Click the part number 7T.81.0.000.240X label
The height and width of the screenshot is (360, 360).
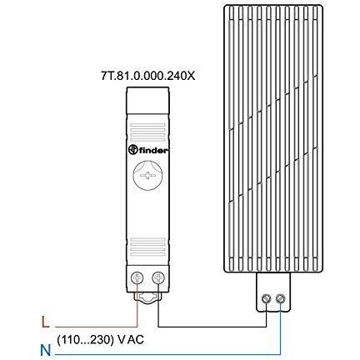tap(148, 76)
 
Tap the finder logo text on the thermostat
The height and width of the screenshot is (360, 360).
tap(153, 151)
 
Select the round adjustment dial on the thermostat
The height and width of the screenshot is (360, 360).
tap(147, 176)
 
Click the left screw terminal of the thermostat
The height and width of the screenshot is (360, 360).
tap(137, 277)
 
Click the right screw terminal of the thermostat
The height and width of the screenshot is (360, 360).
tap(158, 277)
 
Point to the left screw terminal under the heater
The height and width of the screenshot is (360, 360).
tap(266, 299)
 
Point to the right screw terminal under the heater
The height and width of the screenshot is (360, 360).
tap(280, 299)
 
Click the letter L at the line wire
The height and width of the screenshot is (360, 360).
tap(45, 322)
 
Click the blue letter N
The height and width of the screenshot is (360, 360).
tap(46, 350)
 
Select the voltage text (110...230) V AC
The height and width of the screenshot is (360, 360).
tap(100, 340)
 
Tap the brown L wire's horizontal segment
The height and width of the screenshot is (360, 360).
tap(96, 327)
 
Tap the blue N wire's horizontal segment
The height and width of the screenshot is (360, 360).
tap(167, 354)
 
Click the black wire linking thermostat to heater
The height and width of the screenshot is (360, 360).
tap(212, 327)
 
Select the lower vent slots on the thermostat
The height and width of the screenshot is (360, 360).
tap(147, 247)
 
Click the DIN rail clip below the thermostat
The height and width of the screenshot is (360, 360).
tap(147, 297)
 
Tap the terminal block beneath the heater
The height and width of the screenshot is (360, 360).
tap(273, 292)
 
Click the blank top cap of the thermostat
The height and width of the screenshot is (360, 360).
tap(147, 100)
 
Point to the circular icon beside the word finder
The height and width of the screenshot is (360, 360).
tap(133, 150)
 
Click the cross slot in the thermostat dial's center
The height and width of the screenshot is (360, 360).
tap(147, 176)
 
